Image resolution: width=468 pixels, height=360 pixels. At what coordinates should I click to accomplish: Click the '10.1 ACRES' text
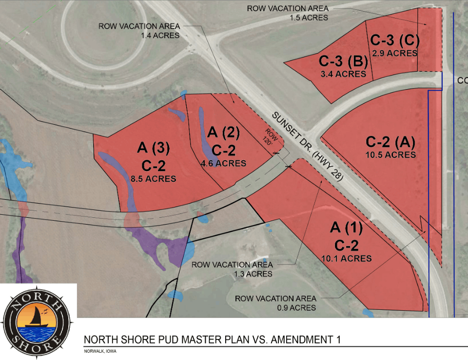click(347, 258)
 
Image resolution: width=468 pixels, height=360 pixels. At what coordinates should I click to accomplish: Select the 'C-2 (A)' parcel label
click(390, 142)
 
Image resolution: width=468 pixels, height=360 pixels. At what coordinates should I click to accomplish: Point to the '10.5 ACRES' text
click(390, 155)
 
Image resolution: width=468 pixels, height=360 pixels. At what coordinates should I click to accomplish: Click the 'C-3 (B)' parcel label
click(343, 62)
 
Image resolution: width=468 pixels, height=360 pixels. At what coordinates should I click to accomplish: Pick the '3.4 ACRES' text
click(343, 74)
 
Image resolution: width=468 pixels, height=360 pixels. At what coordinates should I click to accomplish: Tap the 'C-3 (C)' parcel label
click(395, 40)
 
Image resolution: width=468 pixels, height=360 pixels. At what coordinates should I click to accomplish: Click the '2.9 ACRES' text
click(395, 53)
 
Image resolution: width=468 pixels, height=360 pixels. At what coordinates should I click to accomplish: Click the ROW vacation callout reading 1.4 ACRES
click(139, 30)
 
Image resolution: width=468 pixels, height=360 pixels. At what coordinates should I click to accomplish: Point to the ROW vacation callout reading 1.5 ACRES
click(288, 13)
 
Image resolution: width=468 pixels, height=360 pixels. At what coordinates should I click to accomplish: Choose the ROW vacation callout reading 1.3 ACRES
click(232, 269)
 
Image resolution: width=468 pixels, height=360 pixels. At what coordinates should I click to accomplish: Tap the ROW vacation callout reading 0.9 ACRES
click(275, 303)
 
